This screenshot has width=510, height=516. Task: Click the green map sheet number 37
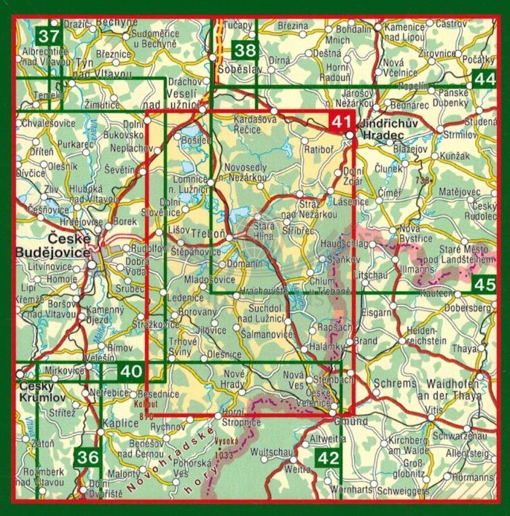coord(49,35)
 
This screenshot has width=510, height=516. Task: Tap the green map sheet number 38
coord(246,51)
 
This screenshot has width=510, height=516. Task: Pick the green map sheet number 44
coord(482,79)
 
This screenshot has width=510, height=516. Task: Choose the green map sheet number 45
coord(482,285)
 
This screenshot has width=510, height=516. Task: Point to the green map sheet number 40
coord(130,372)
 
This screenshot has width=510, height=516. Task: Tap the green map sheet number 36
coord(87,458)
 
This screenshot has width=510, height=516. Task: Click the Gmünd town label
coord(335,421)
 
